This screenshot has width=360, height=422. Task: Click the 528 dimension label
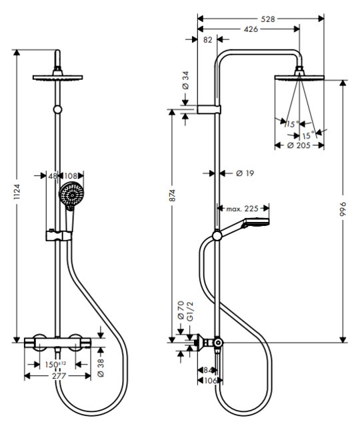[x=268, y=19]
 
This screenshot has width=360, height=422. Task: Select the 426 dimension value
[x=251, y=29]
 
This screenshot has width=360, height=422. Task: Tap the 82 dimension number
[x=208, y=40]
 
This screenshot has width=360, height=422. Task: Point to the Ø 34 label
[x=185, y=80]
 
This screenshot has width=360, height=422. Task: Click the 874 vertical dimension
[x=172, y=195]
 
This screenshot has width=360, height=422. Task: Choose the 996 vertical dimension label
[x=343, y=209]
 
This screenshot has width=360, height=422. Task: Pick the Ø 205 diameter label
[x=299, y=145]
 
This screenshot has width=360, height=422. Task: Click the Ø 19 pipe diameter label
[x=245, y=173]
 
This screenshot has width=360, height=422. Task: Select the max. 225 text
[x=242, y=208]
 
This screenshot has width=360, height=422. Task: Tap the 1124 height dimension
[x=17, y=191]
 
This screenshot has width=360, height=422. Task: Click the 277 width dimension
[x=59, y=376]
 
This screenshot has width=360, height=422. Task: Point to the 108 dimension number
[x=71, y=176]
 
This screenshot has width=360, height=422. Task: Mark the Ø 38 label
[x=101, y=368]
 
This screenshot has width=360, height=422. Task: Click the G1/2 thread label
[x=190, y=311]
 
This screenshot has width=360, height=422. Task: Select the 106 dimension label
[x=211, y=381]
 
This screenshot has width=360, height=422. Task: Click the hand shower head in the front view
[x=71, y=195]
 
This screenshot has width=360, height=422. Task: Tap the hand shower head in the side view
[x=255, y=223]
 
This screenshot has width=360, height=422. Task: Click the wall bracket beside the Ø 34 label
[x=209, y=109]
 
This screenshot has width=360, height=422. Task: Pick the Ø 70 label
[x=181, y=310]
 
